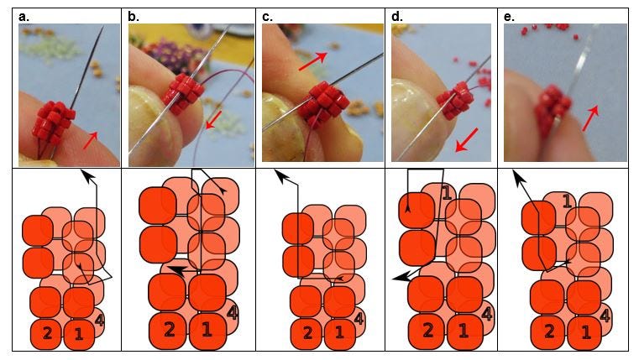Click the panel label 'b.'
[x=134, y=16]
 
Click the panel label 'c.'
[x=268, y=16]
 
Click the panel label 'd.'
[x=397, y=16]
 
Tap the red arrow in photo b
[x=214, y=117]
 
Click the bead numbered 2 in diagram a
[x=47, y=333]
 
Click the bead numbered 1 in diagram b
[x=207, y=330]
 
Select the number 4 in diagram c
[x=359, y=318]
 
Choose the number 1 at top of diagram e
[x=568, y=201]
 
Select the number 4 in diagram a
[x=100, y=319]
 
